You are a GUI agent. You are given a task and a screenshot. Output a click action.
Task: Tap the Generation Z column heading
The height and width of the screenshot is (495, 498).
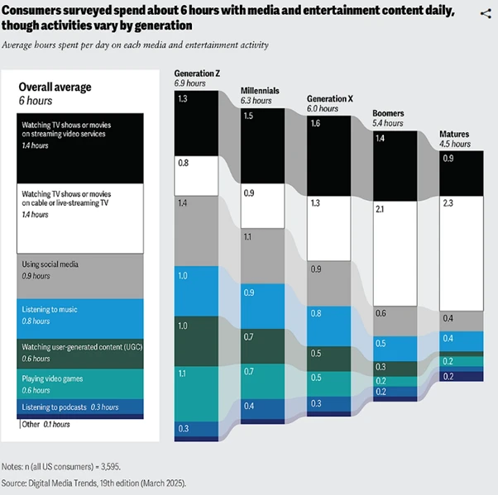(x=198, y=74)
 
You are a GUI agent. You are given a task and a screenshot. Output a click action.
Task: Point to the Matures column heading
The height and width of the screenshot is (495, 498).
(x=454, y=134)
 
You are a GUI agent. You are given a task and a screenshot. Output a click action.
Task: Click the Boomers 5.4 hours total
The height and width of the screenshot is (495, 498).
(x=388, y=122)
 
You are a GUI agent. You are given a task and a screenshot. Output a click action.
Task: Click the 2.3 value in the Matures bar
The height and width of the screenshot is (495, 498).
(x=448, y=202)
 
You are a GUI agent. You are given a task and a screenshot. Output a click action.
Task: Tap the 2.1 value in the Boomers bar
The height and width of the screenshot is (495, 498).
(x=381, y=211)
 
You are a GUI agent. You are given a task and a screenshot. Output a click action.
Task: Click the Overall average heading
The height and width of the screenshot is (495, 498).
(x=55, y=87)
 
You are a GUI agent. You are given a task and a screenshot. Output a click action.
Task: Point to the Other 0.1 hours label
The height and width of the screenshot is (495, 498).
(x=46, y=424)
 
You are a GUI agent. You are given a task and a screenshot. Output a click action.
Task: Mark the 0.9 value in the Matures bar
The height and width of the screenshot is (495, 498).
(x=448, y=158)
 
